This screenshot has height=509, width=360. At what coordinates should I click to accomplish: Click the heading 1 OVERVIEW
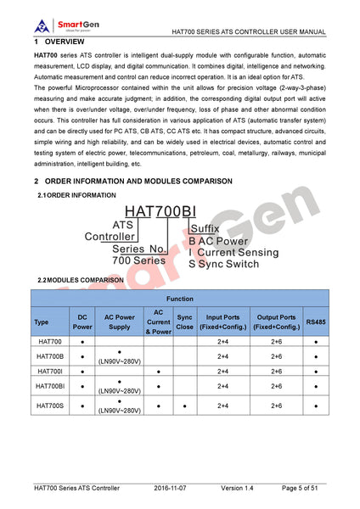click(x=59, y=42)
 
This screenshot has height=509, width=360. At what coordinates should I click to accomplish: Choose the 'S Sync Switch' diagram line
click(x=223, y=264)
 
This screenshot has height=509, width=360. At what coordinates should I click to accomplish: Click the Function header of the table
click(x=179, y=299)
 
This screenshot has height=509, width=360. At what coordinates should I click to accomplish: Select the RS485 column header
click(x=315, y=322)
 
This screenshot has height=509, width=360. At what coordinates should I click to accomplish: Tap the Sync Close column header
click(x=184, y=322)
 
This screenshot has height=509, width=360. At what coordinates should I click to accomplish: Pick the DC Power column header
click(x=82, y=322)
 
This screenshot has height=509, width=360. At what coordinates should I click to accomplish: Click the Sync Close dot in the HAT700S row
click(x=184, y=406)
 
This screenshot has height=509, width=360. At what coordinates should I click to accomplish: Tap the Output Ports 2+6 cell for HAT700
click(x=276, y=341)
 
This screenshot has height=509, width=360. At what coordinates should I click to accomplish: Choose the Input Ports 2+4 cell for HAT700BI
click(x=222, y=387)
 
